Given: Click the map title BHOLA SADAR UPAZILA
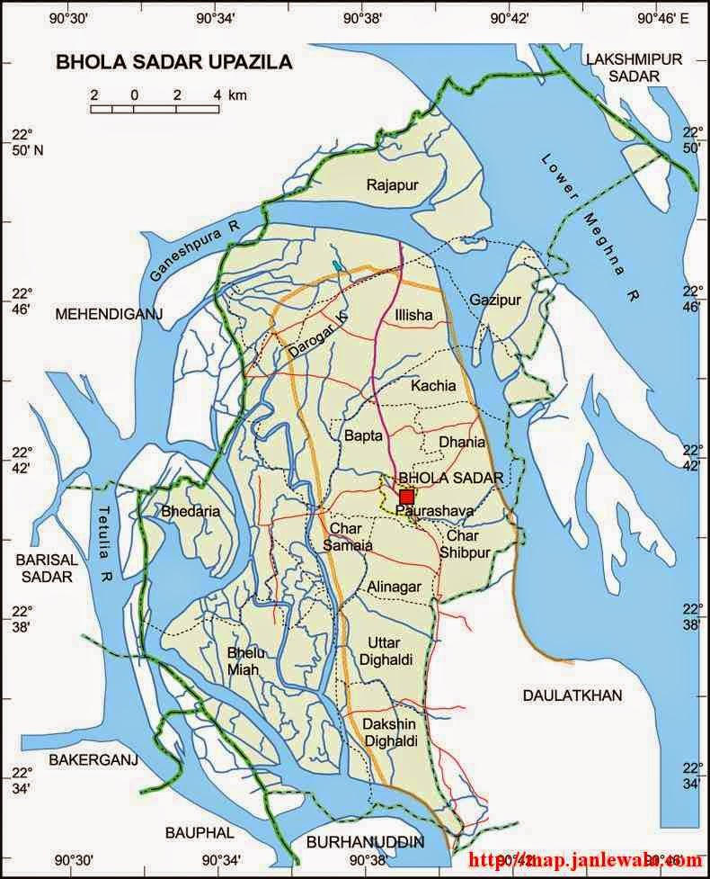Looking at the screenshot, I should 174,62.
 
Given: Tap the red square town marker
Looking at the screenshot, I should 406,497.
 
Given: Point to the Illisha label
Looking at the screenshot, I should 413,315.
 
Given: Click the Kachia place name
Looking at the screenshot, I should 433,386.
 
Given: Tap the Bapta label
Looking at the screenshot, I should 363,435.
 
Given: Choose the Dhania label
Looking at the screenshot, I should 462,442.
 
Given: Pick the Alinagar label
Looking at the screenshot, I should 394,587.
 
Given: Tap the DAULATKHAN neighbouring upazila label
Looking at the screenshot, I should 572,695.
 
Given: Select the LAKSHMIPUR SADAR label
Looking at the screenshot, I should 634,67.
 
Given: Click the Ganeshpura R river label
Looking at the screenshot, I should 192,251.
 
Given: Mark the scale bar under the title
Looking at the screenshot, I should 155,109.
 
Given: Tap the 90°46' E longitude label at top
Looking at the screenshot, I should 662,17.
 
